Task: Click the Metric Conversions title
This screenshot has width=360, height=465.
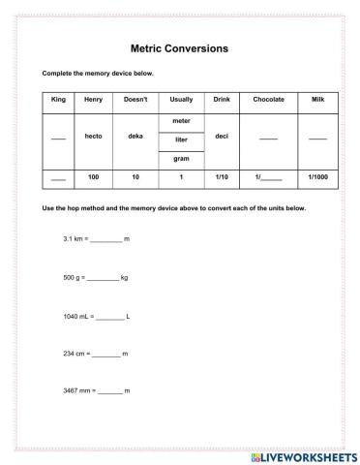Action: point(179,46)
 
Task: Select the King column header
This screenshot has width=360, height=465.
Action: point(57,100)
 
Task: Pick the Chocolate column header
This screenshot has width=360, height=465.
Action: point(268,100)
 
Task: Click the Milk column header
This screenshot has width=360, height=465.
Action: point(317,100)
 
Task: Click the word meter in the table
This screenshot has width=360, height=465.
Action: point(181,121)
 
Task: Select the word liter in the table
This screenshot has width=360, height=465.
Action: point(181,139)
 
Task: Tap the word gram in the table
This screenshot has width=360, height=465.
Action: point(181,157)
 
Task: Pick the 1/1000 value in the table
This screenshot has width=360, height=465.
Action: point(317,178)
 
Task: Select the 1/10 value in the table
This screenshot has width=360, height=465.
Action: point(221,178)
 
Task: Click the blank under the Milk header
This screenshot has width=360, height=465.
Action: point(317,139)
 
